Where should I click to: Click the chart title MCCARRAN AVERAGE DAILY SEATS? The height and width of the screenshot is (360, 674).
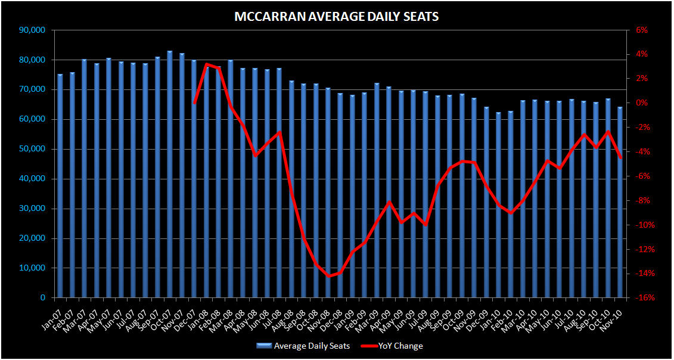[337, 17]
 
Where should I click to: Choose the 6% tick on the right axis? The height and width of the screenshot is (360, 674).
[640, 30]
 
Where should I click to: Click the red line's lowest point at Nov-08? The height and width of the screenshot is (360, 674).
[328, 276]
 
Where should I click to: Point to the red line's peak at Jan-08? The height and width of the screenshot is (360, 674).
[206, 64]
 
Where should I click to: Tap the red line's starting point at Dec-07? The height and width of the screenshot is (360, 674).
[194, 103]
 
